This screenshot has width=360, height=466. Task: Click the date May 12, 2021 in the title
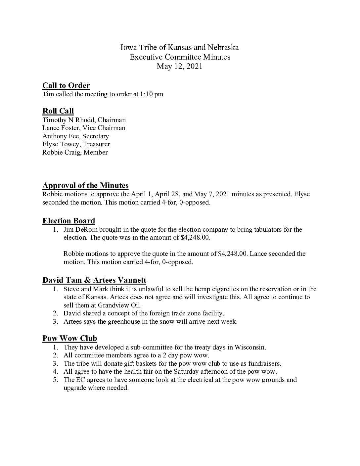[179, 66]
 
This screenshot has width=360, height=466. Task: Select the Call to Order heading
[66, 86]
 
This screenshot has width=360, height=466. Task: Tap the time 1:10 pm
[152, 94]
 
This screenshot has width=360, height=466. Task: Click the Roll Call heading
[58, 111]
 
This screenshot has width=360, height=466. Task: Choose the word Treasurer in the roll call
[97, 144]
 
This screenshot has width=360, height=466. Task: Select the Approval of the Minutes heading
[85, 186]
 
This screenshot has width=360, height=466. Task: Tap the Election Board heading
[68, 221]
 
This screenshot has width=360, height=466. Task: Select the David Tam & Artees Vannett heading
[94, 280]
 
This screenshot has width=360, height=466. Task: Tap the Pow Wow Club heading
[69, 339]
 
